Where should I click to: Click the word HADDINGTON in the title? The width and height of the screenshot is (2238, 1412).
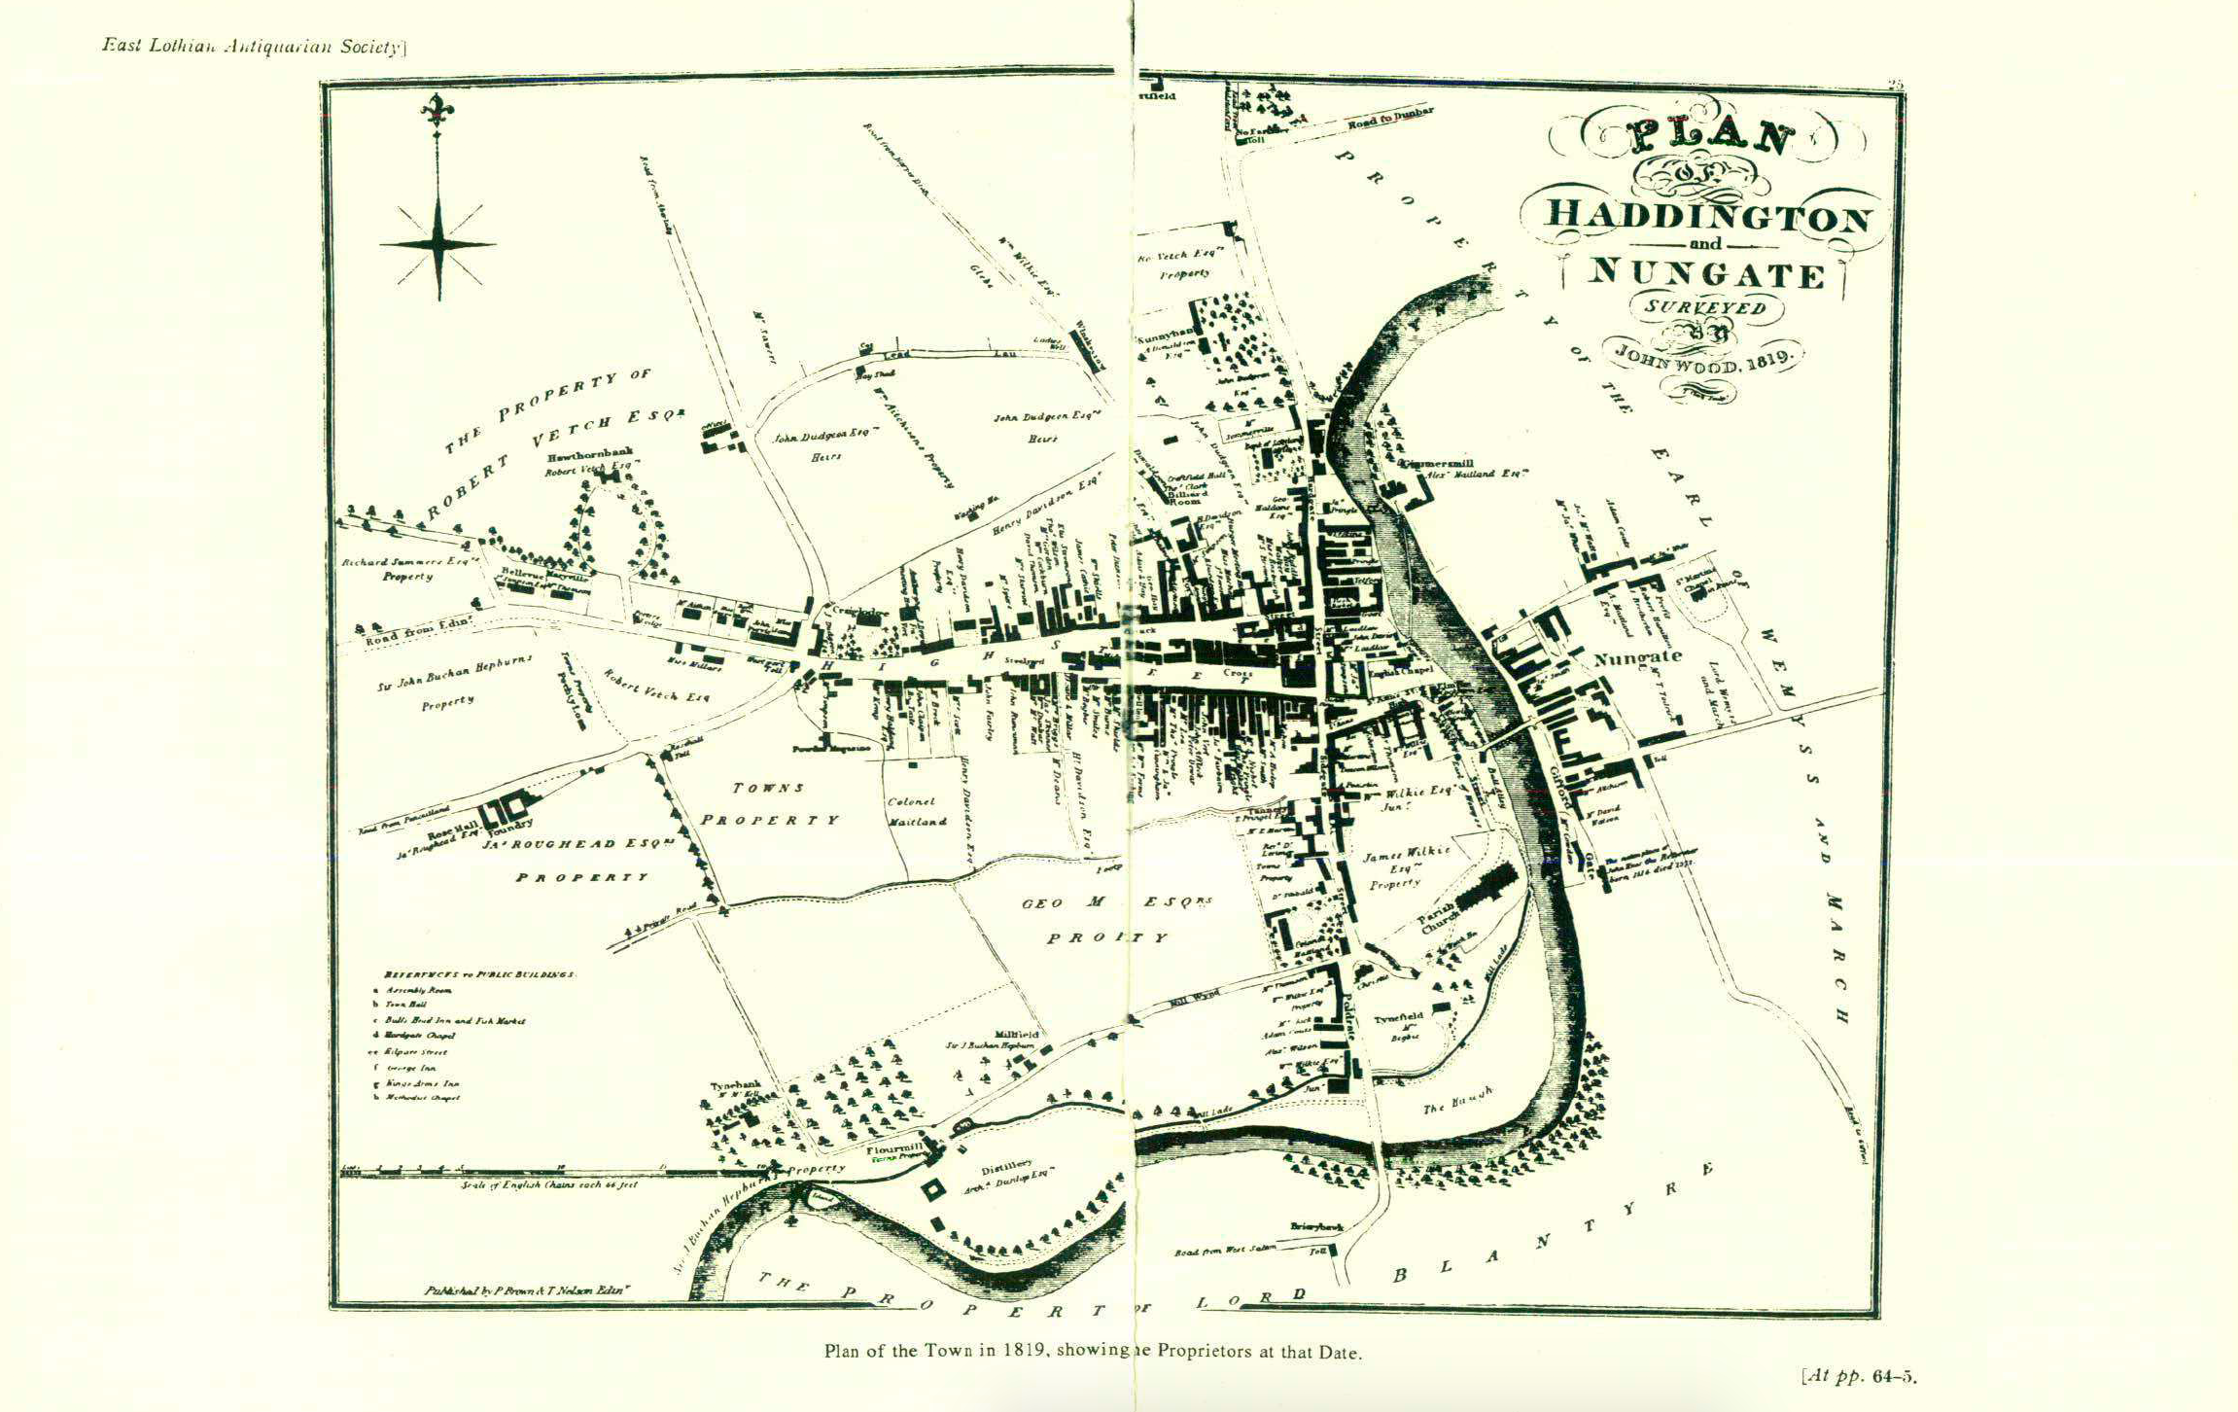click(1706, 215)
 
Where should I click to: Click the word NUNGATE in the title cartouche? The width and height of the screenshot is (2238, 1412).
click(1706, 274)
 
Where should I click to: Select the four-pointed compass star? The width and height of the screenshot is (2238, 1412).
click(438, 244)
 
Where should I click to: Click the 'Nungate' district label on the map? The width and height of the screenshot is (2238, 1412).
click(1637, 658)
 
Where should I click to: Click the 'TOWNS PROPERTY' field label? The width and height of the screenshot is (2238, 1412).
click(768, 804)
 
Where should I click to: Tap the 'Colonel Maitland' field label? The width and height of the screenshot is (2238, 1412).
click(914, 812)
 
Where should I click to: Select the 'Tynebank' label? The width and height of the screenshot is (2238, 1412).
click(734, 1086)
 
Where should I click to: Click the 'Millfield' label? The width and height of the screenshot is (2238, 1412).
click(1017, 1035)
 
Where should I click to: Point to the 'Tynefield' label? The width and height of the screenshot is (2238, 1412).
click(1398, 1018)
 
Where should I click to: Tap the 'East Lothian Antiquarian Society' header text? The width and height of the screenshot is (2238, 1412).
click(253, 46)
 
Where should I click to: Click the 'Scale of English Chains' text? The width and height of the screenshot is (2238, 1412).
click(549, 1186)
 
